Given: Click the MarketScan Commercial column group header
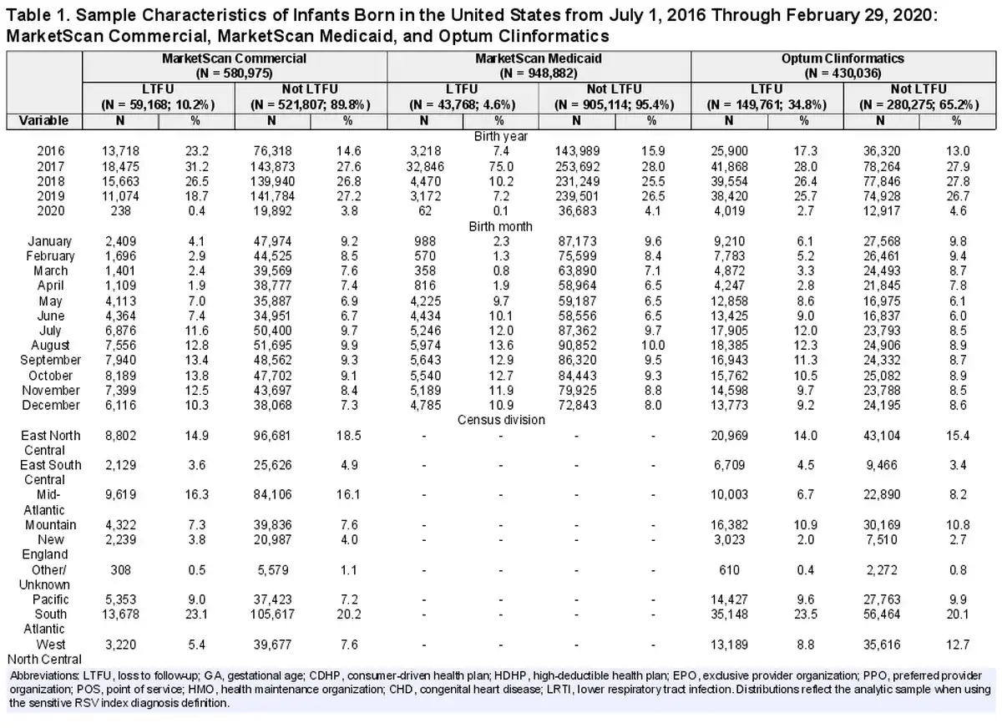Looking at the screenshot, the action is [x=234, y=65].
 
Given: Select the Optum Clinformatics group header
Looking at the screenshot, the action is [x=843, y=65].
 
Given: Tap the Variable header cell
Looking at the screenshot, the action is [x=43, y=121].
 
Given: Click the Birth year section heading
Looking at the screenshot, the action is [x=500, y=136].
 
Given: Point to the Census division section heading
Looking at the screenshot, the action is [x=501, y=420].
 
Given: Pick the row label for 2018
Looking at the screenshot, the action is [x=51, y=181].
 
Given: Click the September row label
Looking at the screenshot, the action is [x=51, y=360].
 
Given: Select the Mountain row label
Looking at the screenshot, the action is [x=51, y=524].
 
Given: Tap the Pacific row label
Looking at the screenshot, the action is [x=51, y=599].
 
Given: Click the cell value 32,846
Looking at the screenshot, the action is [x=424, y=167].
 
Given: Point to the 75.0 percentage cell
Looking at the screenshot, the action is [x=501, y=167].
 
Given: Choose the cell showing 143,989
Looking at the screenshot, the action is [x=577, y=152].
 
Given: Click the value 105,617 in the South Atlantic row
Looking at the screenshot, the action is [x=272, y=614].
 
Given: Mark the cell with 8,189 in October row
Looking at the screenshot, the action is [x=121, y=376].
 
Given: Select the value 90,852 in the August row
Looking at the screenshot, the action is [x=577, y=346].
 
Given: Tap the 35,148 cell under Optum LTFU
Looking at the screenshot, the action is [x=729, y=614].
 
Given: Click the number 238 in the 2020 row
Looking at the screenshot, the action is [x=121, y=211].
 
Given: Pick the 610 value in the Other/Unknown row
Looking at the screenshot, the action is [x=729, y=569].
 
